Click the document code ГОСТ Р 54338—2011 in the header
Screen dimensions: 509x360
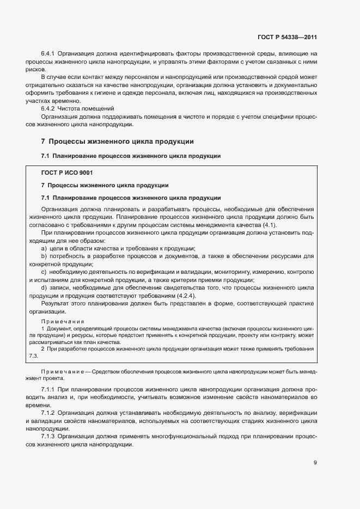pos(287,38)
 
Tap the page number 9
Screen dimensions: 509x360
pos(315,463)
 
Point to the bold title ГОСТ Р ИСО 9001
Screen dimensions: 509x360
pos(67,172)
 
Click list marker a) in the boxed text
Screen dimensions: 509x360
pos(44,248)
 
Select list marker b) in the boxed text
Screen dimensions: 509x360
pos(44,256)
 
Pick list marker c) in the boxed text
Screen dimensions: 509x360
pos(44,272)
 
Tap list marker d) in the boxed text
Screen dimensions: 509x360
pos(44,287)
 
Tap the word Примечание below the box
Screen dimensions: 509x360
pos(61,371)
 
